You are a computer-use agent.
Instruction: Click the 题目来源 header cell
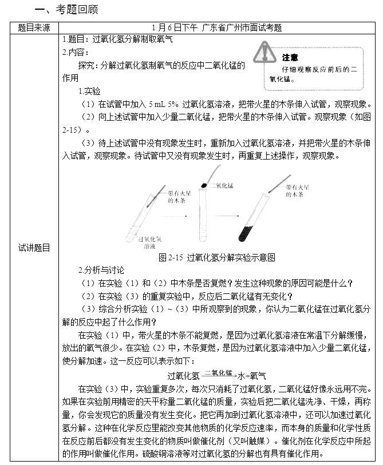(34, 27)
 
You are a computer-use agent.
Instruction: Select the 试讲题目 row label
(34, 248)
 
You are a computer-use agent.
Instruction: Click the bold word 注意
(290, 57)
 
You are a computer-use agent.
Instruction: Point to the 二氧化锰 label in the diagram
(223, 186)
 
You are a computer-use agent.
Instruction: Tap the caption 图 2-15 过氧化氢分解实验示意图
(217, 257)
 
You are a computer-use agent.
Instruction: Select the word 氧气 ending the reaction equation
(259, 376)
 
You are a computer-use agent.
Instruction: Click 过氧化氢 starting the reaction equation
(184, 376)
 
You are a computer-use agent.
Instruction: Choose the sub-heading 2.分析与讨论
(101, 270)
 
